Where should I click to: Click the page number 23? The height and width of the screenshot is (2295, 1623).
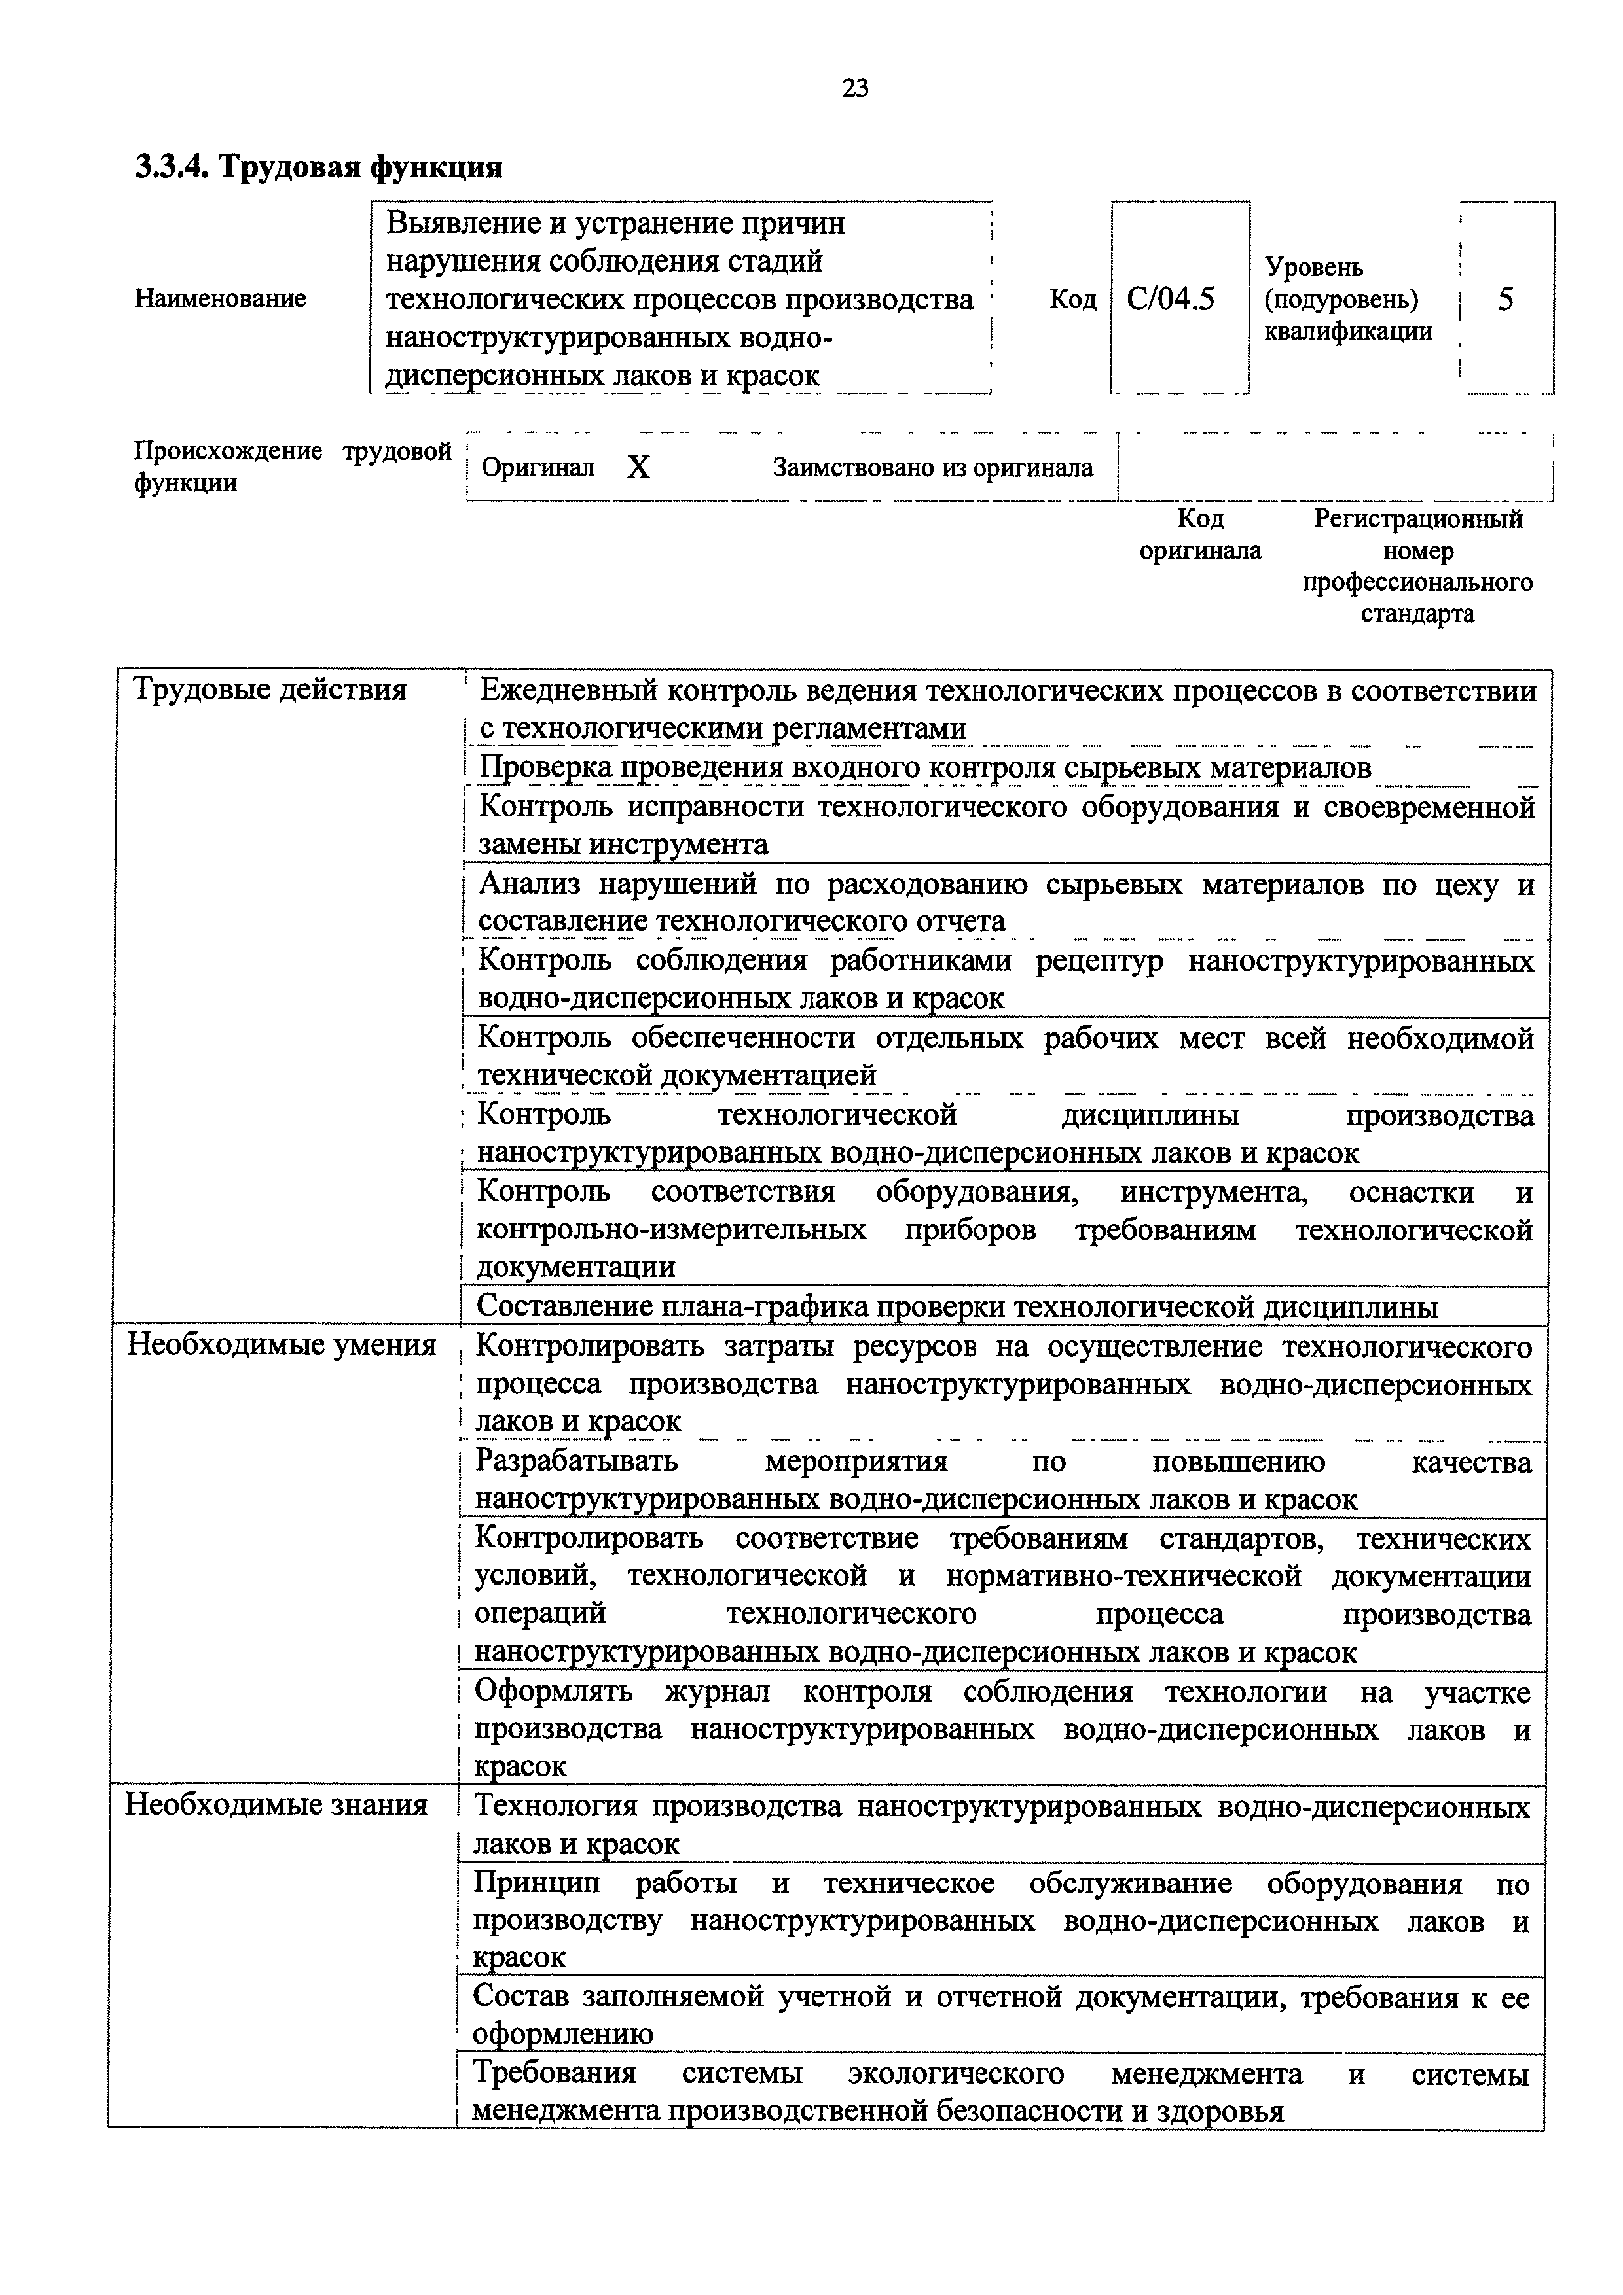click(x=855, y=89)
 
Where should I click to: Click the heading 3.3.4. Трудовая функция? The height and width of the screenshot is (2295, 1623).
click(x=318, y=166)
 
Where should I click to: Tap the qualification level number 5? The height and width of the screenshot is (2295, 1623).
click(x=1505, y=299)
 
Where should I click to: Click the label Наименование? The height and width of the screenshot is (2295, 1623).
click(x=220, y=299)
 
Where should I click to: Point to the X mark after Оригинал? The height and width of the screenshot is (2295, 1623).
click(x=638, y=468)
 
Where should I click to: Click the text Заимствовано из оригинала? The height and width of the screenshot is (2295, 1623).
click(x=932, y=468)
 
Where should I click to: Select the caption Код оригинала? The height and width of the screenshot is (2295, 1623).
click(x=1200, y=534)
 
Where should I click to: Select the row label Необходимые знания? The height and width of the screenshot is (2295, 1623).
click(x=276, y=1804)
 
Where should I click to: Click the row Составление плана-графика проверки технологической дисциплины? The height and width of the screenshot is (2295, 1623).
click(x=957, y=1306)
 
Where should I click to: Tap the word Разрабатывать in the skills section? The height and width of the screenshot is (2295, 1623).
click(x=576, y=1462)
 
